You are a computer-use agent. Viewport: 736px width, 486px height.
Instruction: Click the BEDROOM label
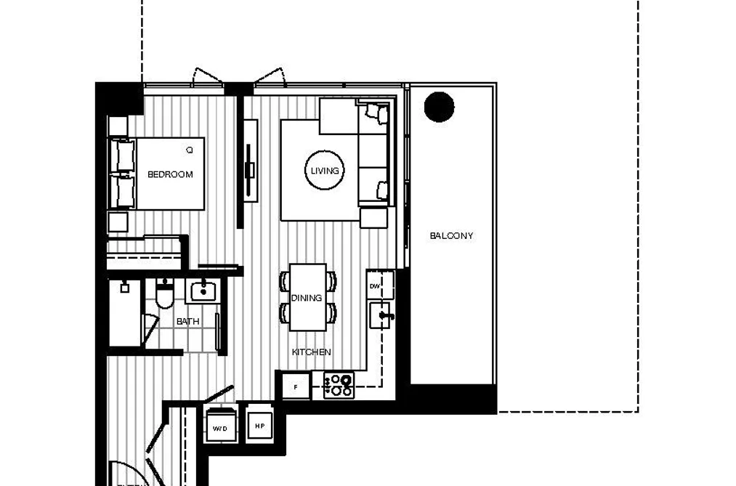click(x=170, y=174)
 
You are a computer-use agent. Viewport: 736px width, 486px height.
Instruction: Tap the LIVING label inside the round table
click(x=324, y=171)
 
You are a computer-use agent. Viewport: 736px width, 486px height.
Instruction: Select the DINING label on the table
click(x=307, y=298)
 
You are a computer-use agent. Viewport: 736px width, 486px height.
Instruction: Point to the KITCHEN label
click(x=311, y=352)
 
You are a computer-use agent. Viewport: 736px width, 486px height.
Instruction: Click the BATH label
click(x=187, y=321)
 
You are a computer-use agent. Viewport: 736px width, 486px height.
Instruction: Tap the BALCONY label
click(x=451, y=235)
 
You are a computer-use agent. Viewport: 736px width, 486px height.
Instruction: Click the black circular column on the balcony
click(x=439, y=107)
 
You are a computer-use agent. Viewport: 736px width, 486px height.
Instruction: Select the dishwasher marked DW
click(x=380, y=285)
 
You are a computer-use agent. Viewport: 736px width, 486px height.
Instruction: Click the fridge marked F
click(x=296, y=387)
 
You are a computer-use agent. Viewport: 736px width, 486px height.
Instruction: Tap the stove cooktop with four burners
click(x=339, y=385)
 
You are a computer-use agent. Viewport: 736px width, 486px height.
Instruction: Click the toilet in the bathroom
click(x=164, y=293)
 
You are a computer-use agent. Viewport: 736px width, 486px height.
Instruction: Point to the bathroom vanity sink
click(x=203, y=291)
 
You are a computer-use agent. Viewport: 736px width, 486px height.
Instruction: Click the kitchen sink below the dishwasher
click(x=381, y=315)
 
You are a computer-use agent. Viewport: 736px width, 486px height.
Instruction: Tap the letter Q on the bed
click(x=189, y=150)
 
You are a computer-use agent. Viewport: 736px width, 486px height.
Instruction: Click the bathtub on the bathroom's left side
click(x=125, y=313)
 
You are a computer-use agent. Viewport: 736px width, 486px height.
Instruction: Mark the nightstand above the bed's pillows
click(x=118, y=126)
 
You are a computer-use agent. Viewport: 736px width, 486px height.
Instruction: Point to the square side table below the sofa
click(x=373, y=218)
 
